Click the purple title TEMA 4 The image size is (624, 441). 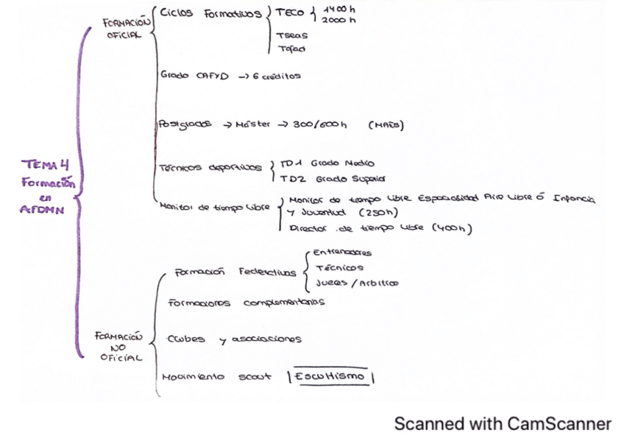(x=45, y=166)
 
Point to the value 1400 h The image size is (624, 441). (x=340, y=9)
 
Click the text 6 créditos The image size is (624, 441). (x=277, y=76)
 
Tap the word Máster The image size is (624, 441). (x=254, y=124)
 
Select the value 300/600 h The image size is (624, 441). (x=319, y=124)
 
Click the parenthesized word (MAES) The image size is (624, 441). (x=386, y=125)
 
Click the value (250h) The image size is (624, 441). (x=379, y=213)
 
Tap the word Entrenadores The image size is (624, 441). (x=343, y=253)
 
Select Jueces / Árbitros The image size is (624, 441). (x=357, y=283)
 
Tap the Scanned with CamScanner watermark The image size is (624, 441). (x=502, y=424)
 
